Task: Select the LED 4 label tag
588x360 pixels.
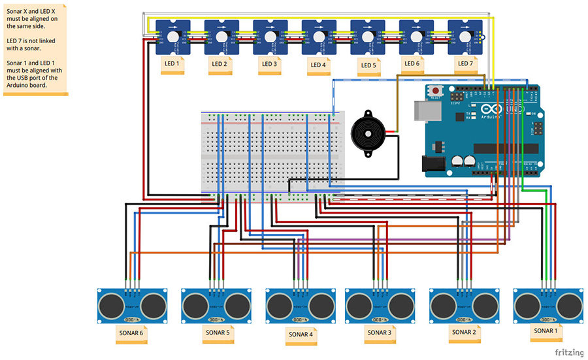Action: tap(318, 65)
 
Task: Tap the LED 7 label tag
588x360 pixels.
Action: tap(465, 63)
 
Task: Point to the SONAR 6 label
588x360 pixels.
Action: tap(131, 333)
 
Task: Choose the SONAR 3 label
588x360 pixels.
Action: tap(380, 332)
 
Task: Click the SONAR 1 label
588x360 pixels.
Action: tap(547, 331)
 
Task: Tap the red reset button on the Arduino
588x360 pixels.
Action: tap(434, 91)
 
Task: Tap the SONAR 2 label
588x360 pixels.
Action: tap(463, 332)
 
